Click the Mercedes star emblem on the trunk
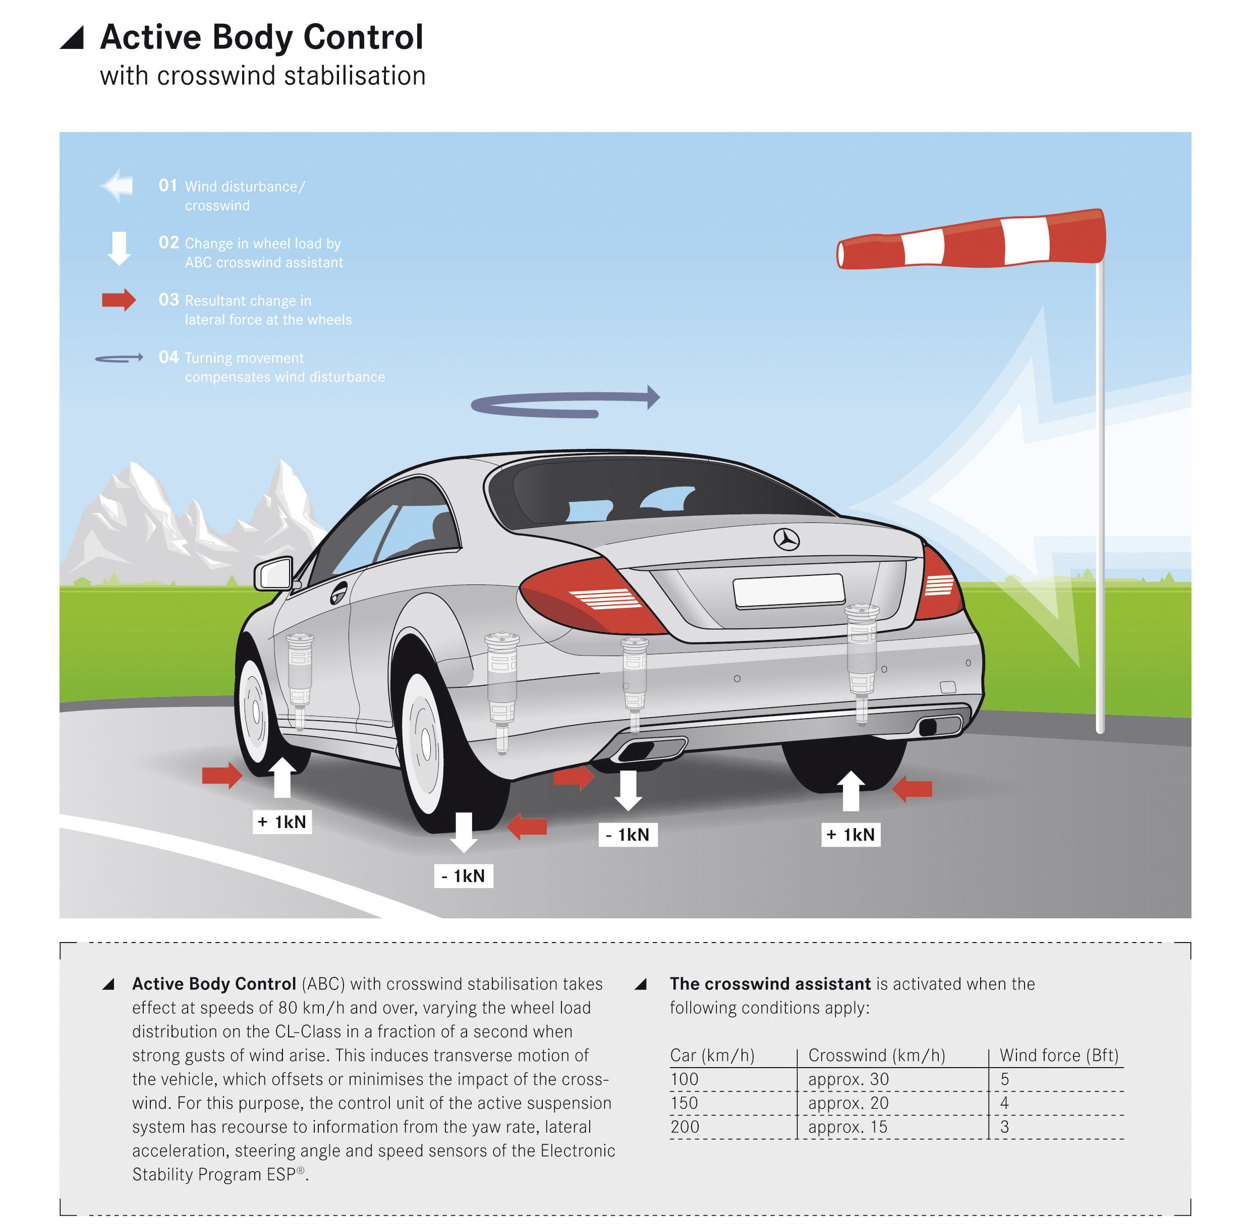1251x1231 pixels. pos(786,539)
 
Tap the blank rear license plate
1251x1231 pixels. pos(788,591)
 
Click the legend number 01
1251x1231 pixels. pos(167,186)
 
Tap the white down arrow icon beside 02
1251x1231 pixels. pos(119,248)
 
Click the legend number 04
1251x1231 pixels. pos(168,357)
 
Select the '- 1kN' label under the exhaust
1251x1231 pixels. pos(628,835)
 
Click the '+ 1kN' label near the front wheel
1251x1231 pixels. pos(281,822)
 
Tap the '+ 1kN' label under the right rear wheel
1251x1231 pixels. pos(850,835)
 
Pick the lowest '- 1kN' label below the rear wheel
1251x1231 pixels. pos(463,876)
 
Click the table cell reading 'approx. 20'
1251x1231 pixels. pos(848,1103)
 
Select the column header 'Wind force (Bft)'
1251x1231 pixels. pos(1058,1056)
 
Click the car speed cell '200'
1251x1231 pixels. pos(685,1127)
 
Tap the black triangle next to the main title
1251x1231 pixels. pos(73,39)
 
